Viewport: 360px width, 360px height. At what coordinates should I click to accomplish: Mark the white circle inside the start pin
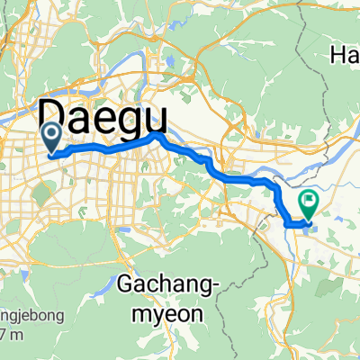(52, 134)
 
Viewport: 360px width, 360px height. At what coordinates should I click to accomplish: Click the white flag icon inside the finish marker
(309, 199)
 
